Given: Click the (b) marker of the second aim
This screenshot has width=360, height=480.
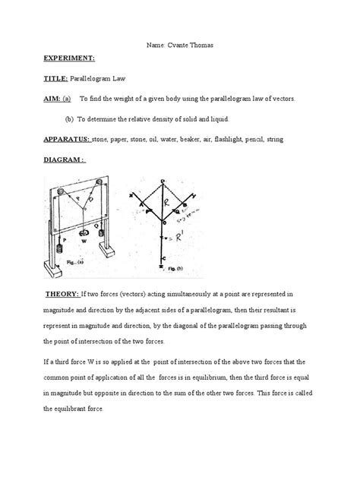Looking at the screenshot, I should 71,119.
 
